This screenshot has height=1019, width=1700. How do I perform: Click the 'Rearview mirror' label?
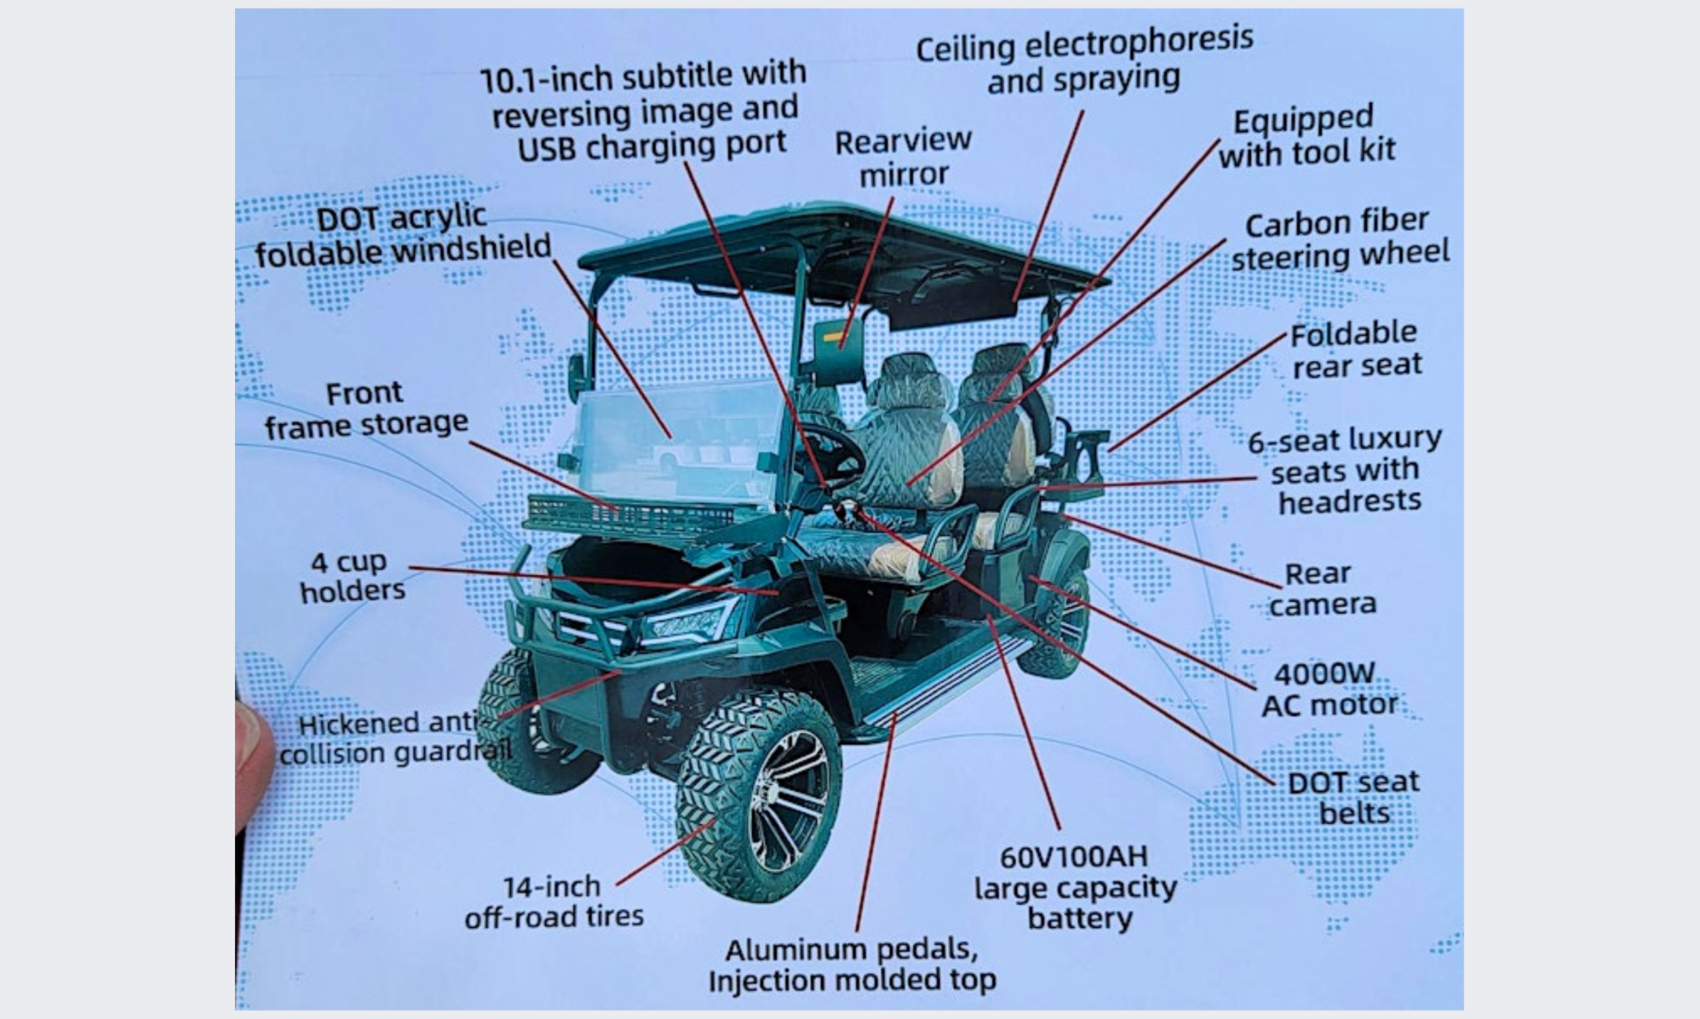[x=903, y=158]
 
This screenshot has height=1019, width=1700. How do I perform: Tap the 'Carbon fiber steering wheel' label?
[x=1339, y=238]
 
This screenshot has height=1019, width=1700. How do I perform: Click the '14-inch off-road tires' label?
[x=554, y=901]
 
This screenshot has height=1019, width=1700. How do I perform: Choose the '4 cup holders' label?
[x=352, y=576]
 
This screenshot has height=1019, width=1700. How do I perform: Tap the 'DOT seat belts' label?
[x=1353, y=797]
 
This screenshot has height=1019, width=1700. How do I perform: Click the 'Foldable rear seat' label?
[x=1356, y=349]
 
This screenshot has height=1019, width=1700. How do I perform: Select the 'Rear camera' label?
[x=1322, y=589]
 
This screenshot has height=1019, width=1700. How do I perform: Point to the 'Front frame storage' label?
[x=366, y=408]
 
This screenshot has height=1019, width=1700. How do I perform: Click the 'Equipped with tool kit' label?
[x=1307, y=137]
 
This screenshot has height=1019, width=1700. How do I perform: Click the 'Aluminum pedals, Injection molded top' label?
[x=852, y=965]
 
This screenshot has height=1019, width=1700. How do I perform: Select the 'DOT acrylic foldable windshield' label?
[x=403, y=236]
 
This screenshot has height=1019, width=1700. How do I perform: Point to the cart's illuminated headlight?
[x=687, y=621]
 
